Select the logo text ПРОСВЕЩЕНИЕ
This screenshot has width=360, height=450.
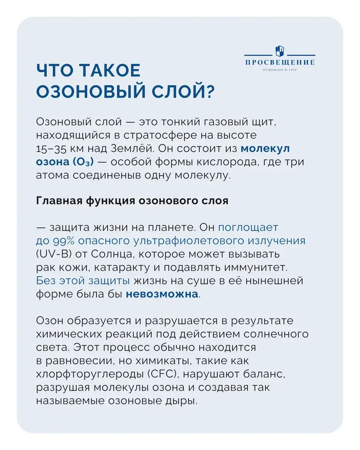pos(279,62)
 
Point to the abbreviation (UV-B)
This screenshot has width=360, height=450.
pos(52,254)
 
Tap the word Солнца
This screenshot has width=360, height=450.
pos(105,254)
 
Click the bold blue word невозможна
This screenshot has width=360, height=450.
pos(161,294)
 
